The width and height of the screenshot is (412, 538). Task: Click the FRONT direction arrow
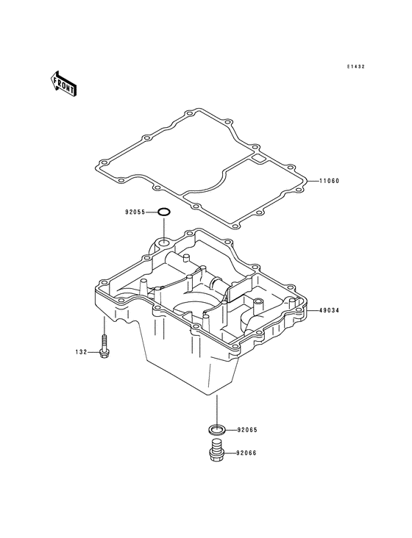(64, 83)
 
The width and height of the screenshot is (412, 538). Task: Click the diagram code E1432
(355, 67)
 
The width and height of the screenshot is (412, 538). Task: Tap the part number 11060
(330, 181)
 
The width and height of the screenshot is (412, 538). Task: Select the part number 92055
(135, 212)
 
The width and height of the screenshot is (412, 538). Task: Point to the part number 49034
(330, 310)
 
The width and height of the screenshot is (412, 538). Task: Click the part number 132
(82, 352)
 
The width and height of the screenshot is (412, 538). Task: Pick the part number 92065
(247, 429)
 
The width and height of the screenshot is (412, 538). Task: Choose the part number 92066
(246, 453)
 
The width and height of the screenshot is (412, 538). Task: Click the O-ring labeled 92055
(164, 209)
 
